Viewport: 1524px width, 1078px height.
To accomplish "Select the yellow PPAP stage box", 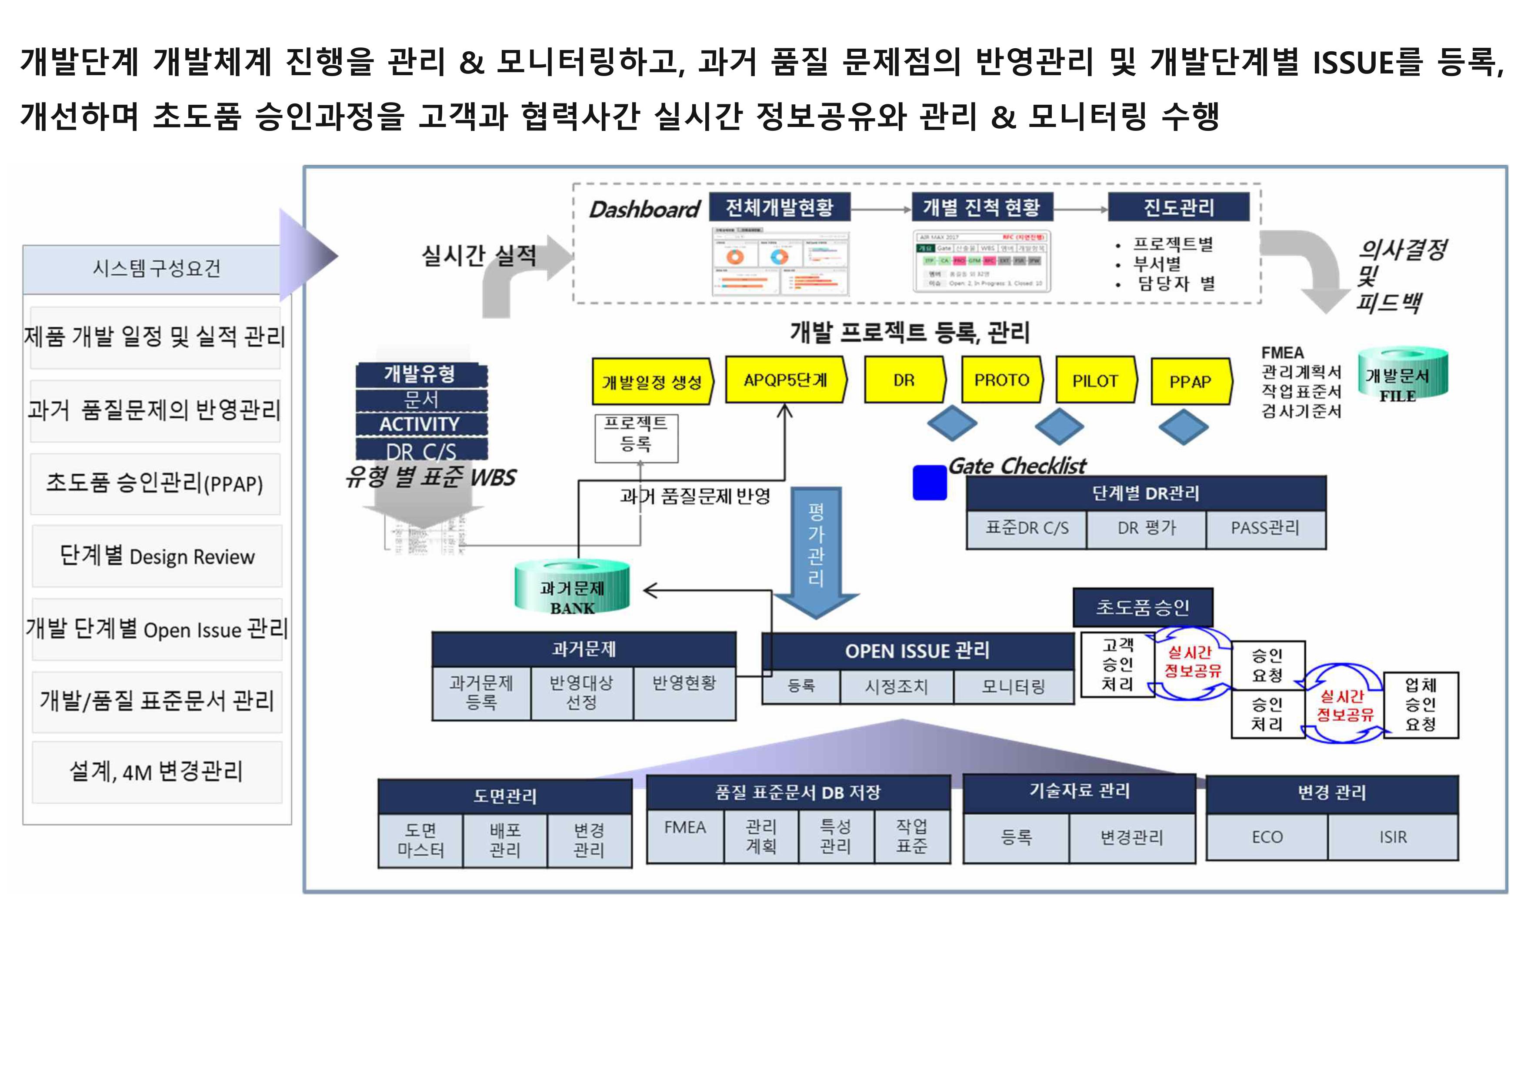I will point(1190,382).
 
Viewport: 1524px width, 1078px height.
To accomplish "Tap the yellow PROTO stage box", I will point(1001,379).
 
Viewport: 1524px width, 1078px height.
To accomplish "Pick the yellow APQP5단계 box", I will point(785,379).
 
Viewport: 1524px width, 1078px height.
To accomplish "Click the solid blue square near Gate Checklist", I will point(930,482).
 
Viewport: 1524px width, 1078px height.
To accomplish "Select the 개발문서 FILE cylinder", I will point(1402,374).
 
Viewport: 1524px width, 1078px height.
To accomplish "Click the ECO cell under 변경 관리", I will point(1267,837).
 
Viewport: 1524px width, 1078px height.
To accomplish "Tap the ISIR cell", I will point(1393,837).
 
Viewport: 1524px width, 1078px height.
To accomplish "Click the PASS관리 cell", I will point(1265,529).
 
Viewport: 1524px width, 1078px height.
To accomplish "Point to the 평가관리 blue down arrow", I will point(816,551).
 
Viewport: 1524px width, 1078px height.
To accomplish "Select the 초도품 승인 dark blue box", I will point(1142,607).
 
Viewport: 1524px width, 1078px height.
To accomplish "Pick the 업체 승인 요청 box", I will point(1421,704).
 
